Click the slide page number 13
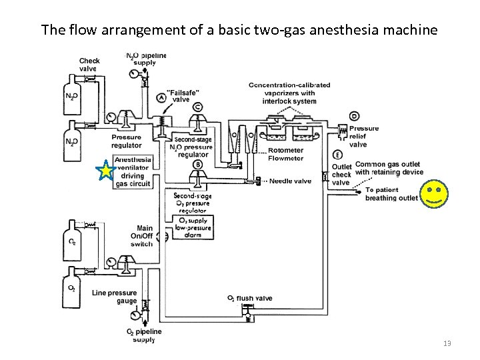447,343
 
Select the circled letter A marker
161,97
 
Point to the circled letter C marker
197,107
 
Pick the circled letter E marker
339,155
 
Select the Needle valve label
290,181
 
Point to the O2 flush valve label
250,298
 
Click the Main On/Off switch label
141,236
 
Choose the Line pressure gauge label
115,297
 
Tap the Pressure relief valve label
364,136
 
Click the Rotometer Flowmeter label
285,154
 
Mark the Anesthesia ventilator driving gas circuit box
133,172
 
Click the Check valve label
89,65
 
